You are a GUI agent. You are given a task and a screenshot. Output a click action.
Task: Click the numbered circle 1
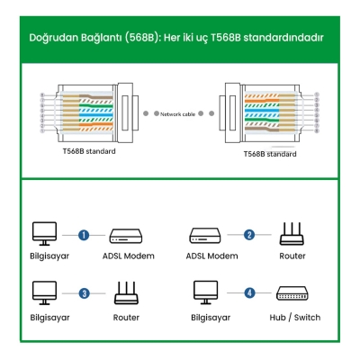pos(83,235)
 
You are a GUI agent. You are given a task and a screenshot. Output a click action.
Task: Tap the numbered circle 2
pos(249,235)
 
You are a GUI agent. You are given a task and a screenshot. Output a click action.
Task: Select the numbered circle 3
pos(84,292)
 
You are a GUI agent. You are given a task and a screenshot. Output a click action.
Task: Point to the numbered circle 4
pos(249,292)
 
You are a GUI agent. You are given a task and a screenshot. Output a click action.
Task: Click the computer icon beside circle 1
pos(43,235)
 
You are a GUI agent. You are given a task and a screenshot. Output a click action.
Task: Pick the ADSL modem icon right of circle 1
pos(126,236)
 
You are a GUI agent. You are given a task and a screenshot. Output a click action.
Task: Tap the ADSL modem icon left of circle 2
pos(204,236)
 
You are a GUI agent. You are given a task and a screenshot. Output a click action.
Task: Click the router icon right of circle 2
pos(292,234)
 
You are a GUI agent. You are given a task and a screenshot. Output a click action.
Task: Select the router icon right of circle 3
pos(126,292)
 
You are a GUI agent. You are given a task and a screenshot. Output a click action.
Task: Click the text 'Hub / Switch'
pos(293,318)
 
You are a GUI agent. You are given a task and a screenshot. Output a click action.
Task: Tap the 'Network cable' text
pos(177,115)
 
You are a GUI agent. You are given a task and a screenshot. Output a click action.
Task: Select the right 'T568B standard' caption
pos(270,154)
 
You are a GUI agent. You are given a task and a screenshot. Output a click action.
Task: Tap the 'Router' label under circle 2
pos(292,256)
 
